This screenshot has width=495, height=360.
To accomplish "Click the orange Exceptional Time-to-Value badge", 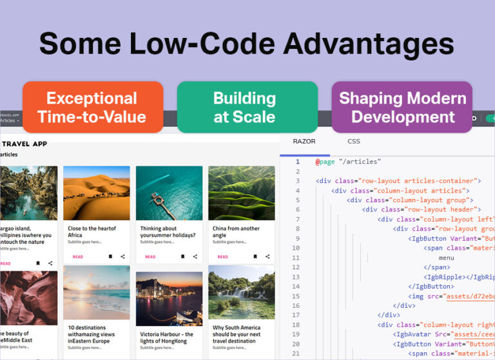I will pos(92,107).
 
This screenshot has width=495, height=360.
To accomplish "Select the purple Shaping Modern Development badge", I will pos(403,107).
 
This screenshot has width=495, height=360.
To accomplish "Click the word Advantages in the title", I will pos(369,44).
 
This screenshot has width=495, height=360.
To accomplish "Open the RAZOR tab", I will pos(304,141).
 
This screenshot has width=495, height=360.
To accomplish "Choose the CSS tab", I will pos(354,141).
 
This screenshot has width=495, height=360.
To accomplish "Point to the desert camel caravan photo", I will pos(97,193).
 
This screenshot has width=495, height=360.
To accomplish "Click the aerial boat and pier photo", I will pos(169,193).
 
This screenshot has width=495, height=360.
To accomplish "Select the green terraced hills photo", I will pos(241,193).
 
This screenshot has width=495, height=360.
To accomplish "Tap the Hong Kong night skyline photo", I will pos(169,298).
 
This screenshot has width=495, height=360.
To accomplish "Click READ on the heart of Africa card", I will pos(77,257).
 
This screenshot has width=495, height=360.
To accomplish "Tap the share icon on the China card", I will pos(267,257).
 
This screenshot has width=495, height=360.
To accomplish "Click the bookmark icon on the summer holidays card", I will pos(182,257).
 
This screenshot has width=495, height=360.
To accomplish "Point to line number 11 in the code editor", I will pos(296,258).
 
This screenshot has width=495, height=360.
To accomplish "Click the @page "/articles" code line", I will pos(348,162).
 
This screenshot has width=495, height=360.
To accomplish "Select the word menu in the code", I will pos(447,258).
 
